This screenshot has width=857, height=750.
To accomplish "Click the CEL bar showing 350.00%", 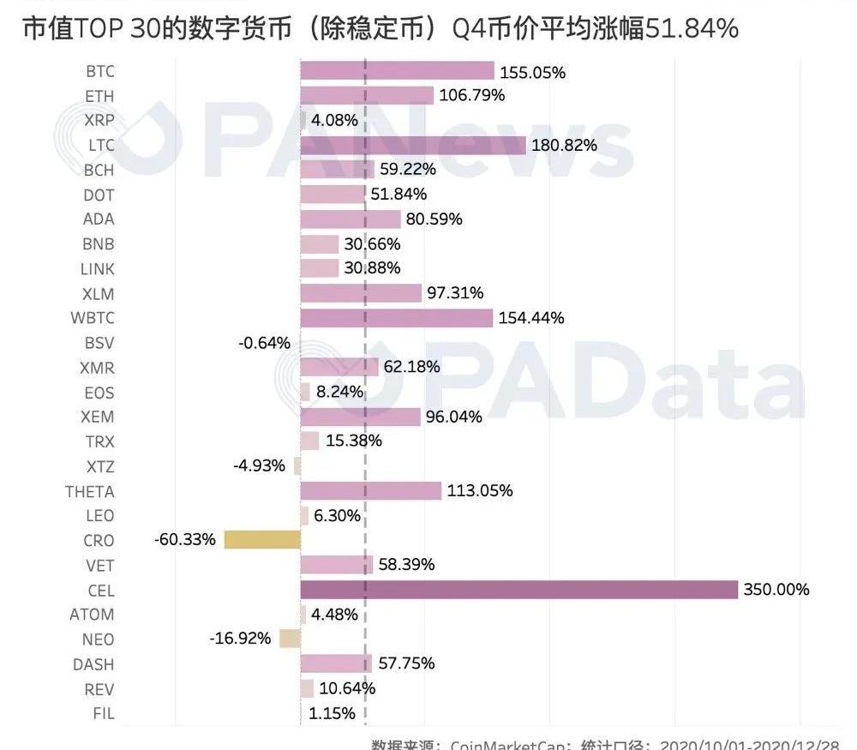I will pos(518,590).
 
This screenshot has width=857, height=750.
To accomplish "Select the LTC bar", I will pos(413,145).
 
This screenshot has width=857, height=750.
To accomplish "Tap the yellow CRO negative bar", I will pos(262,540).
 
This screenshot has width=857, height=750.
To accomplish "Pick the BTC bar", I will pos(398,71).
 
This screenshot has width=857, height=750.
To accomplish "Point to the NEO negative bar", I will pos(290,639).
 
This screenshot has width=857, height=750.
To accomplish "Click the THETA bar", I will pos(371,491).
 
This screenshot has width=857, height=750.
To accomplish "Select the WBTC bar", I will pos(397,318).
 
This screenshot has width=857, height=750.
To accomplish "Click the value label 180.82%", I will pos(564,145).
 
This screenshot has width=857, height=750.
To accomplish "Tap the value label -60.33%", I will pos(184,541).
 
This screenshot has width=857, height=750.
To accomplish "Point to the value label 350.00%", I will pos(776,590).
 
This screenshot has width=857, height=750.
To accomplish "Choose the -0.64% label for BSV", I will pos(264,343).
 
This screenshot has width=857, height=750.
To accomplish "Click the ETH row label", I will pos(99,96).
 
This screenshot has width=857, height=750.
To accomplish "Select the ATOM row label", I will pos(92,615).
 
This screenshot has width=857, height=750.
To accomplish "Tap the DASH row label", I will pos(93,664).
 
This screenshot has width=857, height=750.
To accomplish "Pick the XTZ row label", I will pos(99,467).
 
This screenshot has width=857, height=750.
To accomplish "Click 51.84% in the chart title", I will pos(690,28).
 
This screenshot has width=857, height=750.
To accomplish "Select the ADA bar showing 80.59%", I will pos(351,219).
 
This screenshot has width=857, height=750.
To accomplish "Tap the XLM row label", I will pos(97,293).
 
